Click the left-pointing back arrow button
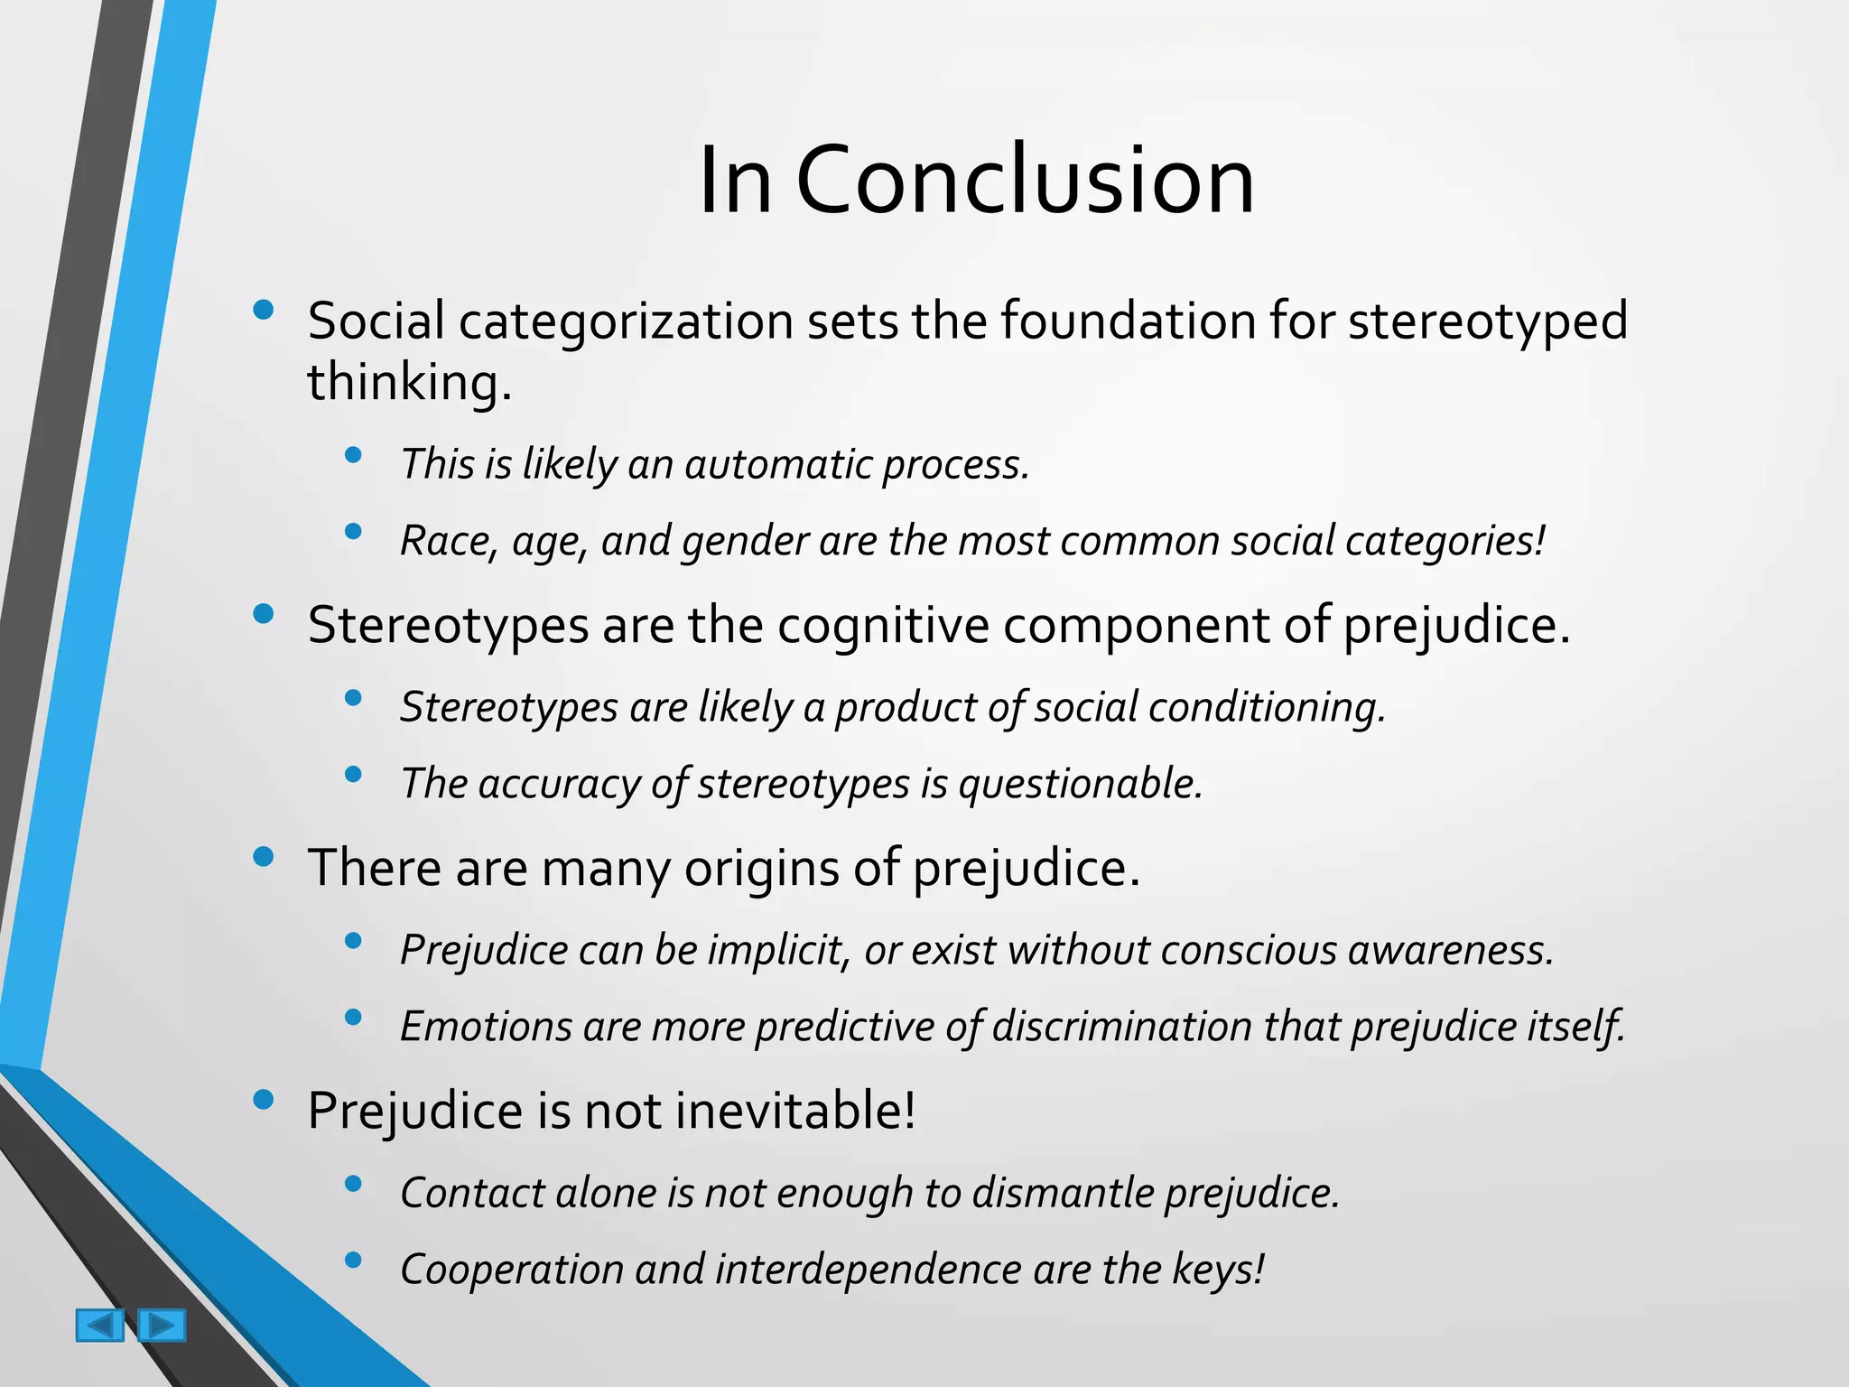tap(99, 1325)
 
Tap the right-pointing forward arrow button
tap(163, 1325)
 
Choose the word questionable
tap(1080, 784)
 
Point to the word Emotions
tap(486, 1027)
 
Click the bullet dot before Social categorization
tap(264, 311)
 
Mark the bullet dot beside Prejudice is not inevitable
tap(264, 1100)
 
